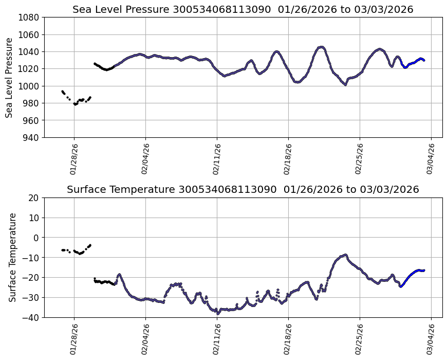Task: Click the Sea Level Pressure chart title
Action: click(243, 9)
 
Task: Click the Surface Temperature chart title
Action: click(243, 189)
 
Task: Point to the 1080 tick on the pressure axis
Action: click(29, 17)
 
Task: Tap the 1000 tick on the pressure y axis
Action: click(29, 86)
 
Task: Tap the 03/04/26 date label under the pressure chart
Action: click(431, 159)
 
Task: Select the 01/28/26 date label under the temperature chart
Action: click(73, 339)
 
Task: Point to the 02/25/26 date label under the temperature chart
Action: click(360, 339)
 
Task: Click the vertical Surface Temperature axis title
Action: click(13, 257)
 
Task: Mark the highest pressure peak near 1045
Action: click(321, 47)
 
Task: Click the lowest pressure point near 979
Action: click(75, 104)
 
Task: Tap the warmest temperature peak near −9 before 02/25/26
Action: click(345, 255)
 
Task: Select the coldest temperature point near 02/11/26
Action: click(218, 313)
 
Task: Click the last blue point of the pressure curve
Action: click(424, 60)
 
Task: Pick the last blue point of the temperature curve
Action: click(424, 270)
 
